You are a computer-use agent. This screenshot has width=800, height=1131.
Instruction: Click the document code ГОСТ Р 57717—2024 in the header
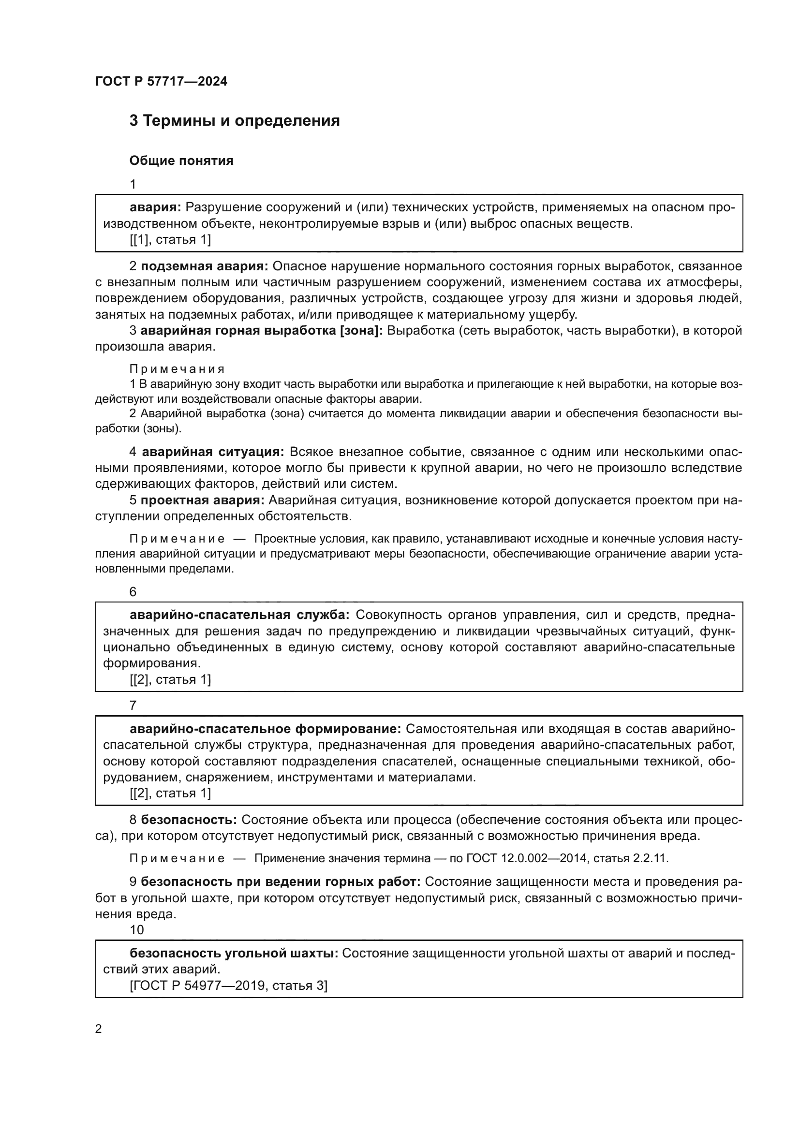[x=161, y=81]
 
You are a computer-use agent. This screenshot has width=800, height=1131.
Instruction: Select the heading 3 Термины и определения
[x=235, y=121]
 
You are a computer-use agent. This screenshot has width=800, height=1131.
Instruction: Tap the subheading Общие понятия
[x=181, y=161]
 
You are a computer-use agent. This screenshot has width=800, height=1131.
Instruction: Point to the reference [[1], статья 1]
[x=170, y=239]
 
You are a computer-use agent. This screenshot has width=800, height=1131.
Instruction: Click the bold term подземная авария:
[x=204, y=266]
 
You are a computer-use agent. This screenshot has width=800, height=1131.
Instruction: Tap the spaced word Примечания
[x=177, y=368]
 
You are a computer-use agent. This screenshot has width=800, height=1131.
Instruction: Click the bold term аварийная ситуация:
[x=213, y=452]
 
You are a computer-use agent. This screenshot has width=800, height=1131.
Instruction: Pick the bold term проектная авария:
[x=203, y=500]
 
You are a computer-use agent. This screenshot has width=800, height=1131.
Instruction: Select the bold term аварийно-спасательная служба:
[x=239, y=615]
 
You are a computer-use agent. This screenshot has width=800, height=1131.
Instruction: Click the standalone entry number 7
[x=133, y=705]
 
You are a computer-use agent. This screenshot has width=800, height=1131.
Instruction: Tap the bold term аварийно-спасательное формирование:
[x=266, y=729]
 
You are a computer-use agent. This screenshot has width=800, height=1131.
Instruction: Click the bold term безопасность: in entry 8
[x=189, y=820]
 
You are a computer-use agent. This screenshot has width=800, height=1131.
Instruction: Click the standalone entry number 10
[x=136, y=929]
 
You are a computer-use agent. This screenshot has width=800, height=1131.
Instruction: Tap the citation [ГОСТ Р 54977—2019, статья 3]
[x=228, y=985]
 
